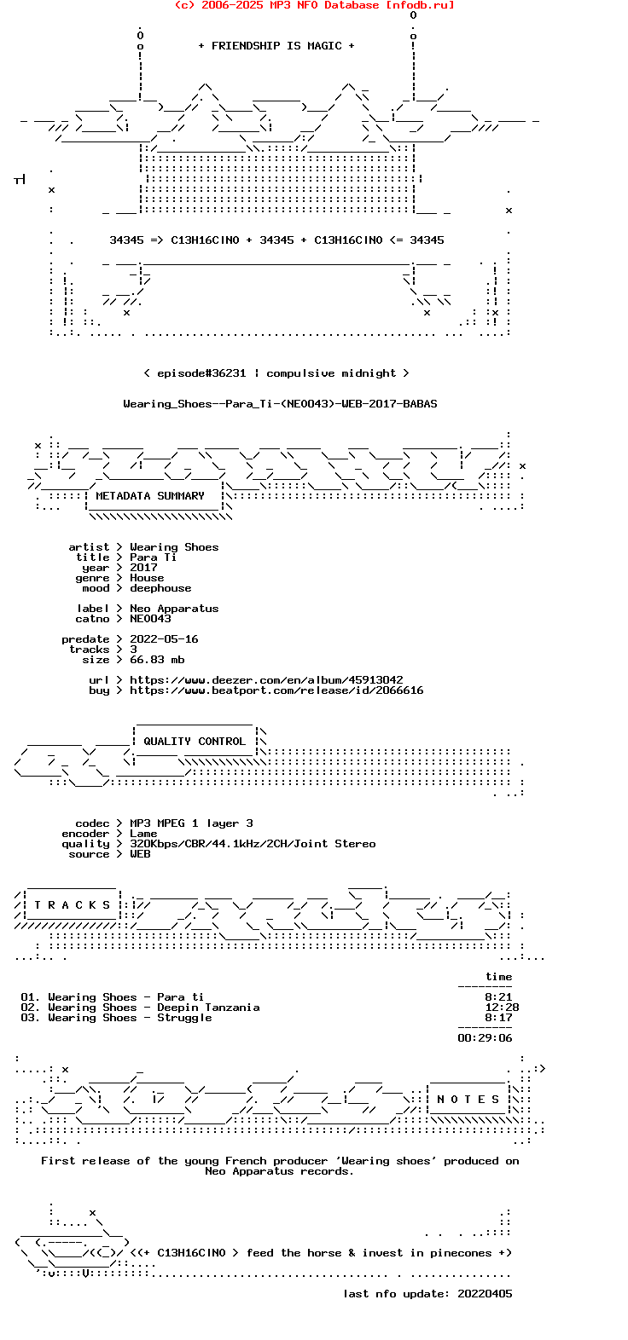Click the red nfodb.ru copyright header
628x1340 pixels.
coord(314,5)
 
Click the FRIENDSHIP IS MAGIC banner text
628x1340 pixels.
coord(276,46)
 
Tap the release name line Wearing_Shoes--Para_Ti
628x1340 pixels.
coord(280,404)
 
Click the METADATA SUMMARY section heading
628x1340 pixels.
coord(150,496)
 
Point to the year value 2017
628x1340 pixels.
coord(143,568)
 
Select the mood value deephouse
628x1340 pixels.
coord(160,588)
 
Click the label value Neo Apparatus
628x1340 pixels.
coord(174,609)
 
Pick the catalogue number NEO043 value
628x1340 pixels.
coord(150,619)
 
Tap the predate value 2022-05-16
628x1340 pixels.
coord(164,639)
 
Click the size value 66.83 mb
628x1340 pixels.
coord(157,660)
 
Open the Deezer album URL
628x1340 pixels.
coord(266,680)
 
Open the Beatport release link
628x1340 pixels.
coord(276,690)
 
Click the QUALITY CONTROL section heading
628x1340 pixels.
coord(195,742)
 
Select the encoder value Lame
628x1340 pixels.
coord(143,834)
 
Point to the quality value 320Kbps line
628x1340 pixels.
coord(253,844)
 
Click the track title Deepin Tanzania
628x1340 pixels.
coord(208,1008)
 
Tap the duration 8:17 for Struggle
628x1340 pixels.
coord(498,1018)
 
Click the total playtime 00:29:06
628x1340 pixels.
coord(485,1038)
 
